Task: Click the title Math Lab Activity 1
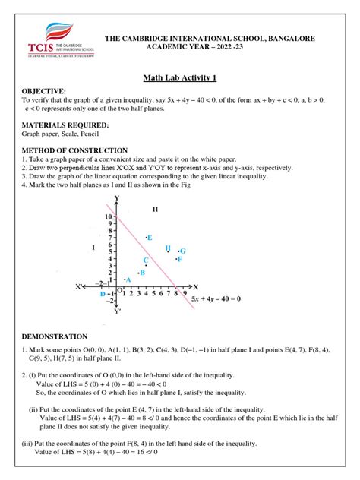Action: click(179, 77)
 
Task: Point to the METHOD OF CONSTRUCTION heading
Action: click(74, 150)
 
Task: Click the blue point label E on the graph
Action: click(150, 238)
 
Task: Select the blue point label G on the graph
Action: click(183, 251)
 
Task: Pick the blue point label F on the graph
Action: click(180, 259)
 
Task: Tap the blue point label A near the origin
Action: click(128, 279)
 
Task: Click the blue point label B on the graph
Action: click(142, 272)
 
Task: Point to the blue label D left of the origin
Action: click(103, 293)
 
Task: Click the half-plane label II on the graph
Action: click(155, 209)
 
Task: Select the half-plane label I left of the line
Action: click(92, 247)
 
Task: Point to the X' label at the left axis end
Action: click(79, 287)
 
